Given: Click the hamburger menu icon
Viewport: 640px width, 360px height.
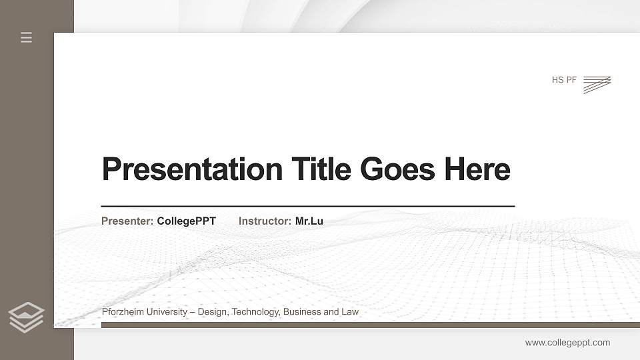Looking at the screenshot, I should point(27,37).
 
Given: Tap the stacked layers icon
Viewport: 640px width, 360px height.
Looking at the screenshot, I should point(26,317).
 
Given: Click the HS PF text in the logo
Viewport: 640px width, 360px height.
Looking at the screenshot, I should point(564,81).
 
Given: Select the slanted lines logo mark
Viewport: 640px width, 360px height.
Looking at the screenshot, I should point(597,84).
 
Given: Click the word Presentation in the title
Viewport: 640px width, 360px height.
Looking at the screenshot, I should point(192,169).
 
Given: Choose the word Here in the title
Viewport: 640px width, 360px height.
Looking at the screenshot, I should point(477,169).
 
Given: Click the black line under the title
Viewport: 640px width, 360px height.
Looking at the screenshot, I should point(308,206).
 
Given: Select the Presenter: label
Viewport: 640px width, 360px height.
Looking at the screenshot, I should point(127,221).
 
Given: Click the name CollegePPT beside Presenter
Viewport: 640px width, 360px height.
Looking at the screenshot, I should point(187,221).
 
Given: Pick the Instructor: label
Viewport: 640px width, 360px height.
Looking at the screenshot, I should point(265,221).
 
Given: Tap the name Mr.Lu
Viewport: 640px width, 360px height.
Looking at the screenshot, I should point(309,221).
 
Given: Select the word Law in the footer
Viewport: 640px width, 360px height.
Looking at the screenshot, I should point(350,312).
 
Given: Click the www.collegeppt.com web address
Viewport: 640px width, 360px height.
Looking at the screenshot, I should point(567,343).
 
